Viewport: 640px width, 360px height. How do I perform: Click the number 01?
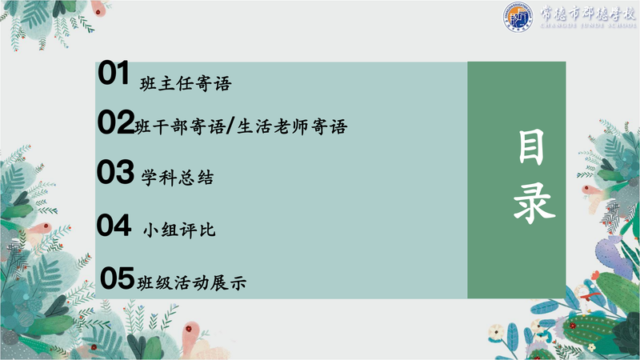(114, 73)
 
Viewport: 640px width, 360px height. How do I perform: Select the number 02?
(116, 122)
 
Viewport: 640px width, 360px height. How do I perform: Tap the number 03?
(115, 172)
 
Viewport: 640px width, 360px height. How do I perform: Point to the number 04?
(114, 225)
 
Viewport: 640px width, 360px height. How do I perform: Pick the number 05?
(117, 278)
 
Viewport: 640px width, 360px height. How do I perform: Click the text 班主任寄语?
(186, 84)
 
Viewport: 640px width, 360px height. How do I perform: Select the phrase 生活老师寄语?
(292, 126)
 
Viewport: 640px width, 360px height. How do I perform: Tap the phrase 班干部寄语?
(179, 127)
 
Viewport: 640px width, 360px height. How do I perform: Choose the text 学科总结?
(178, 178)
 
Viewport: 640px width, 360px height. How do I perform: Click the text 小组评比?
(178, 230)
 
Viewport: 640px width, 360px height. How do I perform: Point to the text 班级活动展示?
(191, 283)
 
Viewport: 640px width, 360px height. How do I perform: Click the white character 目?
(531, 147)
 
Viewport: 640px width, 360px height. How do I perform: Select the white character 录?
(534, 202)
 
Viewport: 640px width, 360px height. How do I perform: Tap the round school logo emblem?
(518, 17)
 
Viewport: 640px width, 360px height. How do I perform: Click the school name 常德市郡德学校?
(588, 14)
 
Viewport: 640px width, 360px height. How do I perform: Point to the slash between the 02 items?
(230, 126)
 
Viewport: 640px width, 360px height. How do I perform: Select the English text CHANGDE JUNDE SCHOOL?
(588, 26)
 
